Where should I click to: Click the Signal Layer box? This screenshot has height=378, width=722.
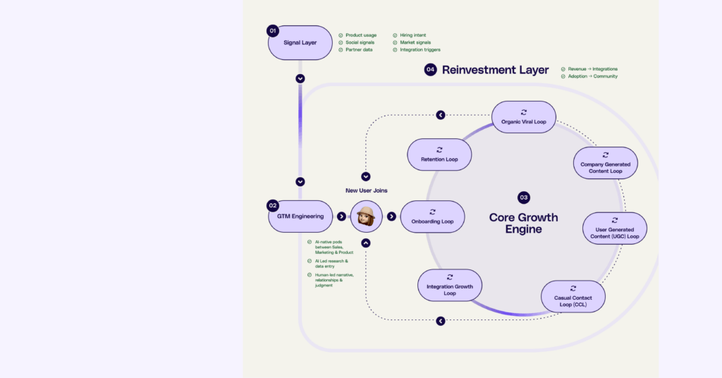coord(300,43)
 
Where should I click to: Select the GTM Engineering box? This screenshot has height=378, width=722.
coord(300,217)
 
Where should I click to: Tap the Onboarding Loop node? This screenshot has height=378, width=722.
coord(432,217)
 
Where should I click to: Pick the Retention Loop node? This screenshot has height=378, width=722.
coord(439,154)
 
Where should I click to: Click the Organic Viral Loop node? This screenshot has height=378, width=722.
coord(523,117)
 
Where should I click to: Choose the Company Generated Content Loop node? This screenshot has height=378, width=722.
coord(606,163)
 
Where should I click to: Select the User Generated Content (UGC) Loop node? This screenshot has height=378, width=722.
coord(614,228)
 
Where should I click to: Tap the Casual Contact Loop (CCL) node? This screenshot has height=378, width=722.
coord(573,297)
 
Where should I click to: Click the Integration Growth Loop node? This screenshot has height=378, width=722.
coord(450,285)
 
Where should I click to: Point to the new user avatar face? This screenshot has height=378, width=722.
coord(366,217)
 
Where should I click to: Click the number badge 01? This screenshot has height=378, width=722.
coord(273,31)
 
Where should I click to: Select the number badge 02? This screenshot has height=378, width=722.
coord(273,206)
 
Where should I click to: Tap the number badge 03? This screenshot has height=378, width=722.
coord(523,197)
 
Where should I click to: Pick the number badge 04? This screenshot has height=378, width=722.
coord(430,70)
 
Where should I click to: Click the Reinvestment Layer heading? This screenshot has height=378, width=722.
coord(495,70)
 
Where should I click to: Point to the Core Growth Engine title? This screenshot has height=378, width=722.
coord(523,223)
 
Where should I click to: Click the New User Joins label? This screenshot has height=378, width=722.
coord(366,190)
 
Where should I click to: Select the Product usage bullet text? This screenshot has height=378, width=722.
coord(361,35)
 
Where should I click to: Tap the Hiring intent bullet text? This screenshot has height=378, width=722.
coord(412,35)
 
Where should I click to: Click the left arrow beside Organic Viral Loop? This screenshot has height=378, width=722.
coord(441,115)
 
